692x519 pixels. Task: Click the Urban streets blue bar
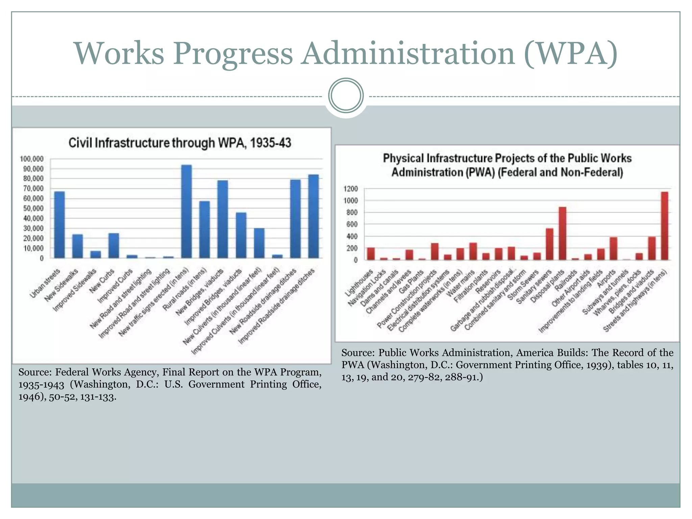click(59, 225)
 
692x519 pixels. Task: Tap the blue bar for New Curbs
click(114, 246)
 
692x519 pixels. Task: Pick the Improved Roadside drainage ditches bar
click(313, 217)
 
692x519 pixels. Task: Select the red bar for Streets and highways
click(664, 226)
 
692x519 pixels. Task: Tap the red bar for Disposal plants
click(562, 233)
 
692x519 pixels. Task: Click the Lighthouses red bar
click(371, 254)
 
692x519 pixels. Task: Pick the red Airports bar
click(613, 249)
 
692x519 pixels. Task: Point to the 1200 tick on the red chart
click(350, 189)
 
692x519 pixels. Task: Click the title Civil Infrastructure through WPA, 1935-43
click(180, 143)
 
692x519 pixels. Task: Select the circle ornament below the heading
click(346, 96)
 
